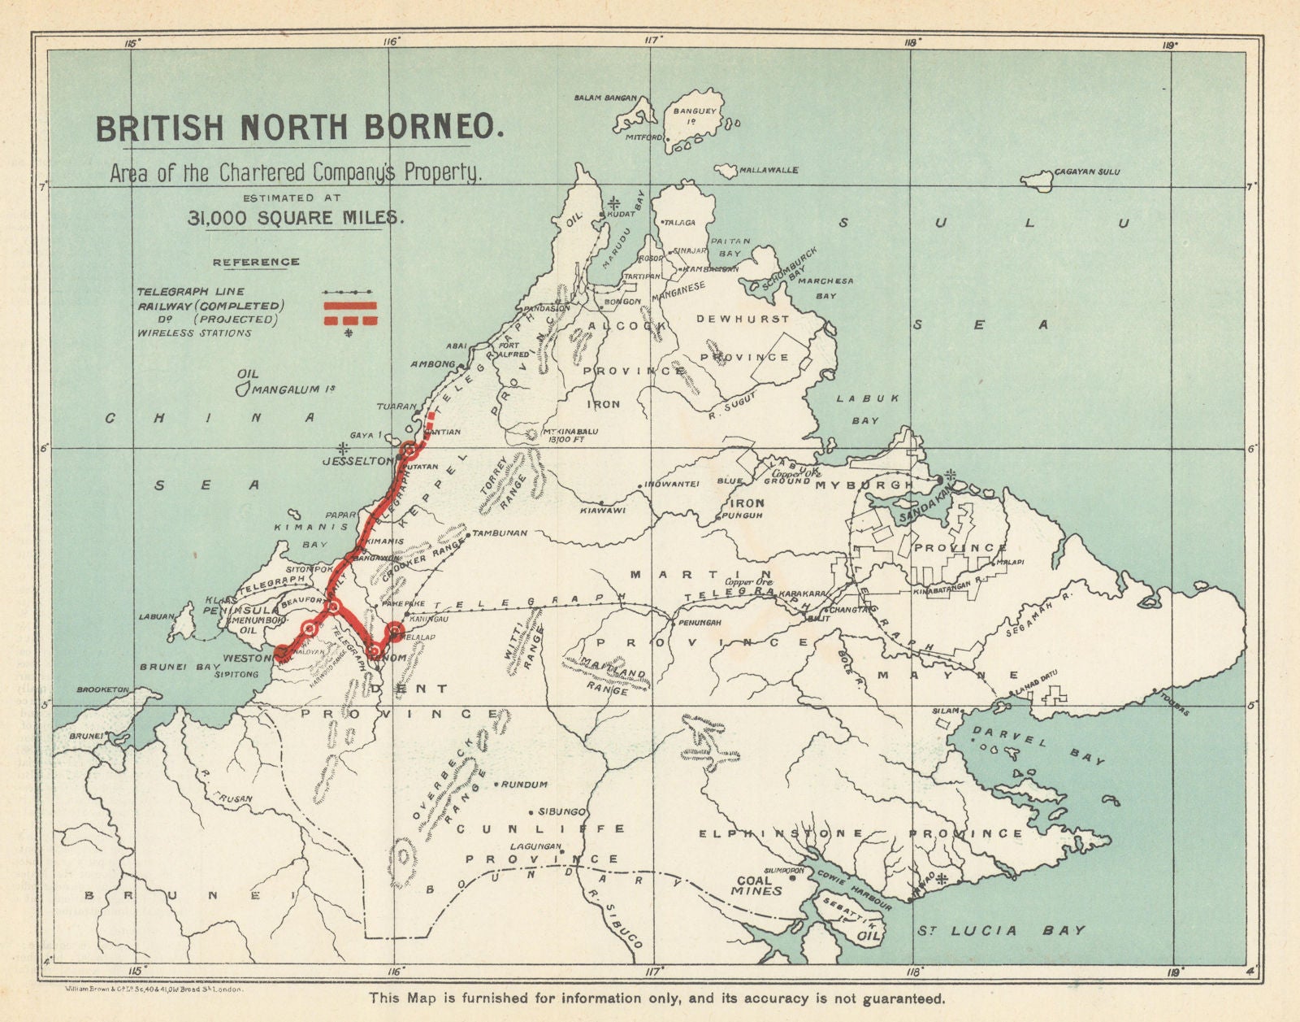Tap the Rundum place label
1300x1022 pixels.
coord(523,785)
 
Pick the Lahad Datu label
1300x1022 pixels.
coord(1031,692)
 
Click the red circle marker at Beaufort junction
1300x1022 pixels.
coord(332,607)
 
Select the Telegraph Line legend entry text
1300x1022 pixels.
coord(191,291)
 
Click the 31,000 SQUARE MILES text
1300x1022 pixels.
coord(293,217)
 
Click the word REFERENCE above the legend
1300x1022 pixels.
coord(256,262)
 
